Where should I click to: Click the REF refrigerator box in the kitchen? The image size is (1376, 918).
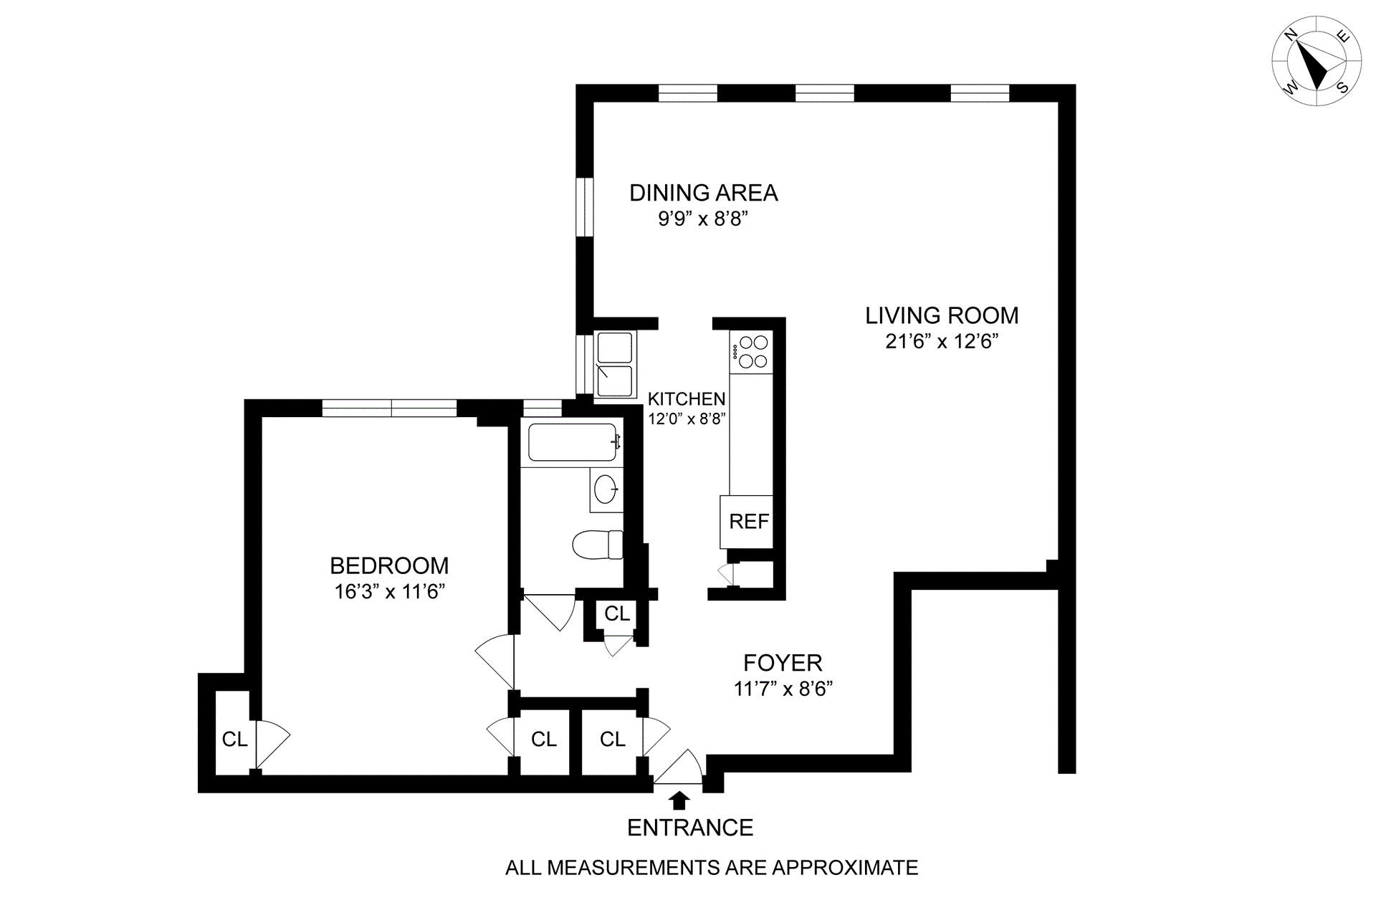tap(748, 522)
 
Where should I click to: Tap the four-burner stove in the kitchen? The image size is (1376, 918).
tap(752, 352)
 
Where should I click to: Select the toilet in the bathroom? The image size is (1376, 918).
tap(598, 545)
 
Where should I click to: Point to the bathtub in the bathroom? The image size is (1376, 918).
tap(572, 442)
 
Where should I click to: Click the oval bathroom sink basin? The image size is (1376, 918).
tap(606, 489)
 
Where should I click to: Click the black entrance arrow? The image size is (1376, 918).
tap(679, 800)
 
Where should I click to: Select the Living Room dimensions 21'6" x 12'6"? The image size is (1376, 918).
tap(942, 342)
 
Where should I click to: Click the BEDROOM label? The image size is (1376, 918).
tap(389, 566)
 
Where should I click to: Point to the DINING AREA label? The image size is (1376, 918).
tap(703, 193)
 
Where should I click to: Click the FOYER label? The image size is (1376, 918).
tap(783, 663)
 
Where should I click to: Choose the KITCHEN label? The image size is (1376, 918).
tap(686, 399)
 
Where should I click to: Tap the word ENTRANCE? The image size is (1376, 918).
tap(690, 828)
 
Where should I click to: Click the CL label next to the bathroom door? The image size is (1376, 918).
tap(616, 613)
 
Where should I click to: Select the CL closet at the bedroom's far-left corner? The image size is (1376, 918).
tap(234, 739)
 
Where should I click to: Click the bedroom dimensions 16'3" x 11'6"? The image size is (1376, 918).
tap(390, 592)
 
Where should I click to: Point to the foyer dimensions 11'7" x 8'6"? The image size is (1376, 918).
tap(783, 689)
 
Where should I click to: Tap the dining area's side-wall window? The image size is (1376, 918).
tap(586, 206)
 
